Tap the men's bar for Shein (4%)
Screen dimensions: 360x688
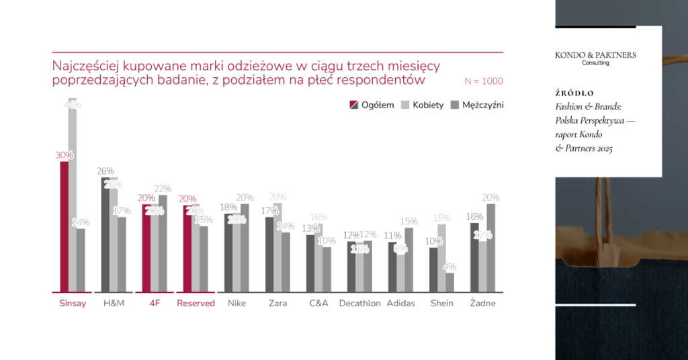pos(449,283)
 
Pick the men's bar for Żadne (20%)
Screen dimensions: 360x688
pos(490,248)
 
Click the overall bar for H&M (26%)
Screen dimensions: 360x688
pos(105,235)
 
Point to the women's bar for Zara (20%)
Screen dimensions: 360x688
pos(277,248)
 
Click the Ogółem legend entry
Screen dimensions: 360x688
pos(371,105)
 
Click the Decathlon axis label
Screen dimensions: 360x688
pos(359,303)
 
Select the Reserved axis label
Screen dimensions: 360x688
pos(196,303)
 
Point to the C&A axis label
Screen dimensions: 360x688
pos(318,303)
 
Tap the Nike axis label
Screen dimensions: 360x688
pos(236,303)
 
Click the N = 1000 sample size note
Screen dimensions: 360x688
pos(483,81)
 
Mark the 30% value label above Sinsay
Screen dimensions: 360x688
pos(64,155)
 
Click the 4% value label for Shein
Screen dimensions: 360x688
pos(449,266)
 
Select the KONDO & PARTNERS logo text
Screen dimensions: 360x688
pos(595,55)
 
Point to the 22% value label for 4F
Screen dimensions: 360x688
pos(163,189)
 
